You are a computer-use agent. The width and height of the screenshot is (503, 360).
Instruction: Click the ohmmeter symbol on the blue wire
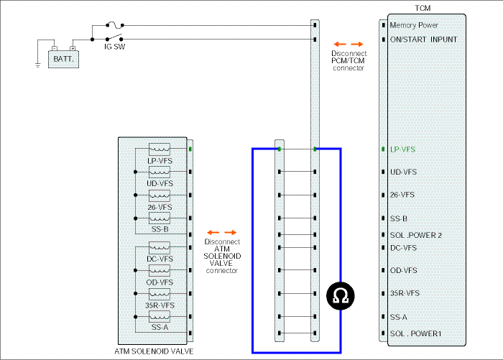click(341, 296)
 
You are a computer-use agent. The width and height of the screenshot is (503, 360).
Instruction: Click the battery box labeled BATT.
click(63, 59)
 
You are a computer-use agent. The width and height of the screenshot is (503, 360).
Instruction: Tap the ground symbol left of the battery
click(38, 65)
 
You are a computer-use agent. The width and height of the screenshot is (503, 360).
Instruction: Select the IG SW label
click(114, 47)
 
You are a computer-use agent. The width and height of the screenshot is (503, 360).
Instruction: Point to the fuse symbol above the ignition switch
click(114, 24)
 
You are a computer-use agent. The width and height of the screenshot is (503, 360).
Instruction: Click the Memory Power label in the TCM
click(414, 25)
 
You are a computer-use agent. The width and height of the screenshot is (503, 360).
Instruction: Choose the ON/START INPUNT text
click(423, 40)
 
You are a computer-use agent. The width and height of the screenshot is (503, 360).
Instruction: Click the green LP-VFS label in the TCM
click(402, 149)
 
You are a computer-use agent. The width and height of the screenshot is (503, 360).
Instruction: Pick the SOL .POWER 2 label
click(416, 235)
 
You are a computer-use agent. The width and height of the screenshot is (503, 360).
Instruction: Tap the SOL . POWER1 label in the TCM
click(416, 333)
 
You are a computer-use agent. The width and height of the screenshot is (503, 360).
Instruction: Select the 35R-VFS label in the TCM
click(405, 293)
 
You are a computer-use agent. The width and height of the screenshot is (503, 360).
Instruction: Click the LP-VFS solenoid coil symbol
click(160, 149)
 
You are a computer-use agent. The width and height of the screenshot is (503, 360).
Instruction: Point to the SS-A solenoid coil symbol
click(160, 317)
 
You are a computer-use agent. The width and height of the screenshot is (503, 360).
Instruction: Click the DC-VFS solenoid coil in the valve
click(160, 248)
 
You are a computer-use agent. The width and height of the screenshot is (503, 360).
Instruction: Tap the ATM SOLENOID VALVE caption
click(154, 351)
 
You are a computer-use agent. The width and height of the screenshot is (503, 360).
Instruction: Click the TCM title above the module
click(423, 8)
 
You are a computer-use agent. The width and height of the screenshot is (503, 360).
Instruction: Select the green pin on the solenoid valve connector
click(190, 149)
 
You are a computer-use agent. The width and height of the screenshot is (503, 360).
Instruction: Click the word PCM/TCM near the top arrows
click(348, 60)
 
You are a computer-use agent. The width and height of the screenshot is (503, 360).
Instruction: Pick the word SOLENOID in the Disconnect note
click(222, 256)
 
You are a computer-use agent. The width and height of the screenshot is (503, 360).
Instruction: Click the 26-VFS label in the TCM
click(402, 195)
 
